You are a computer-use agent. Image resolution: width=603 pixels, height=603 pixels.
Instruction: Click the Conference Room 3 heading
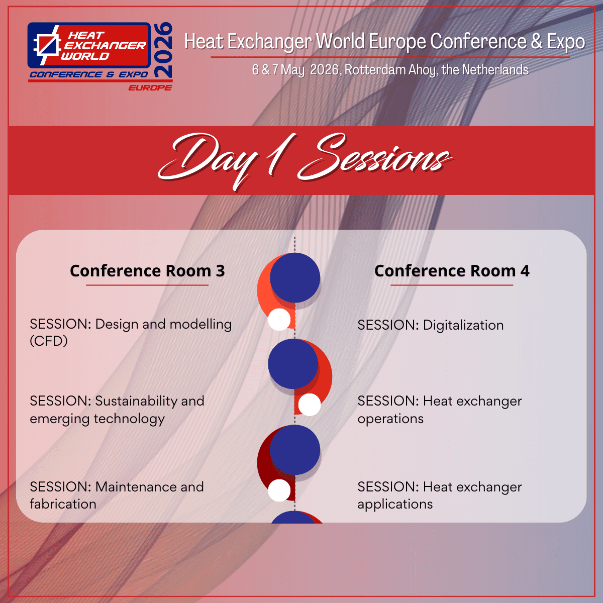[x=147, y=271]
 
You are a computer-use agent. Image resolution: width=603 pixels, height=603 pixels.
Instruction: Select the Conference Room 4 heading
[x=452, y=271]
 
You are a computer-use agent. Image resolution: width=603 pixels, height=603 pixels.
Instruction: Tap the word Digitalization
[x=463, y=326]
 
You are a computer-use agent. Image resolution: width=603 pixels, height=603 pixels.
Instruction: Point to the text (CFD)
[x=49, y=341]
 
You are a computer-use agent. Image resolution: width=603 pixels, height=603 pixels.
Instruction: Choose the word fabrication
[x=63, y=504]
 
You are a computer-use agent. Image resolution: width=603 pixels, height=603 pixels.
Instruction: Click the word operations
[x=390, y=419]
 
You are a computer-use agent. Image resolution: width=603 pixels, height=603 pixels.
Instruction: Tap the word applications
[x=395, y=505]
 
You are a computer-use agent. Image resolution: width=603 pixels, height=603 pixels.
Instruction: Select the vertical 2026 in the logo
[x=163, y=50]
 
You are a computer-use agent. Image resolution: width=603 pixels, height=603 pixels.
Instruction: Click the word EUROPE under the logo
[x=150, y=87]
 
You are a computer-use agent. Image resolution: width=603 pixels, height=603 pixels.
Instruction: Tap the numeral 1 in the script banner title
[x=280, y=155]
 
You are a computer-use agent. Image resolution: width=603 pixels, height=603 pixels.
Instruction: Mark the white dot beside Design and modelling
[x=279, y=319]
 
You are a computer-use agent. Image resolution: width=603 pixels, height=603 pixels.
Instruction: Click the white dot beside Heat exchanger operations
[x=310, y=405]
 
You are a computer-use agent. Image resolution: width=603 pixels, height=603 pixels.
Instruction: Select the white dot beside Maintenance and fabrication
[x=279, y=490]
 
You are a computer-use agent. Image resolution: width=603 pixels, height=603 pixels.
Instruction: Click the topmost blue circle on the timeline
[x=295, y=278]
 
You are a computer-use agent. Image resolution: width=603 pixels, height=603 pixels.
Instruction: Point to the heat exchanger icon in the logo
[x=47, y=45]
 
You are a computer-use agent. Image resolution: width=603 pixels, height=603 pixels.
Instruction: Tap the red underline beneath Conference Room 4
[x=452, y=285]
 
